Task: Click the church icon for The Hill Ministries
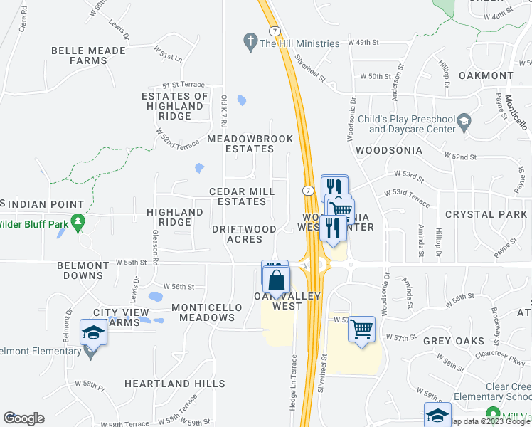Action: coord(250,43)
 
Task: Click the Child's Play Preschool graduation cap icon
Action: coord(464,122)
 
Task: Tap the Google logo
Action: coord(23,418)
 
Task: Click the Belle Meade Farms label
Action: coord(89,56)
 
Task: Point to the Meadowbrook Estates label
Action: coord(240,144)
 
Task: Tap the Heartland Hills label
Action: coord(175,384)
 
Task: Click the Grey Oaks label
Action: coord(454,341)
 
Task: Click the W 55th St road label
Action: coord(133,263)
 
